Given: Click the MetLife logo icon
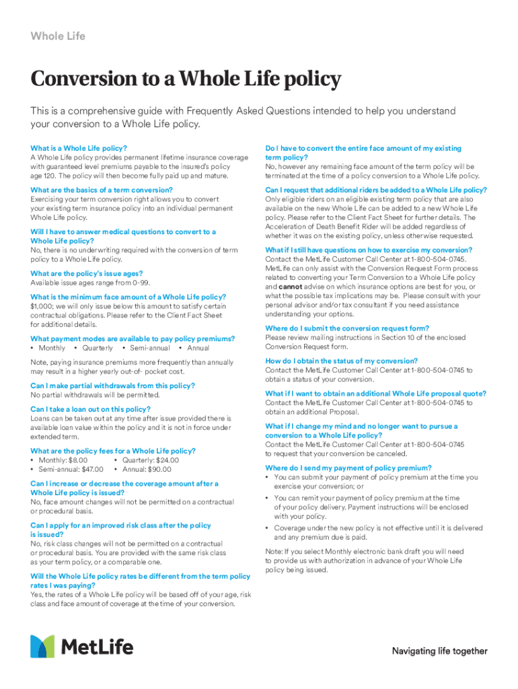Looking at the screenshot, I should [x=42, y=646].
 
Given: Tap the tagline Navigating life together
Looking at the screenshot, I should [x=439, y=651].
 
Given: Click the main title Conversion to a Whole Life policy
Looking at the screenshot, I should [x=186, y=80].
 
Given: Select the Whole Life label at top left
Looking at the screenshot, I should [x=58, y=36].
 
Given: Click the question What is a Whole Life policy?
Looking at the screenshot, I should [x=79, y=148].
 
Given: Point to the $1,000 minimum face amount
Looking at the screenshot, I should [x=42, y=306].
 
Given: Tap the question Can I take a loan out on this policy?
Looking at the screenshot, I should [x=90, y=409].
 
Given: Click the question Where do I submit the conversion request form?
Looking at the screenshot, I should [x=347, y=328].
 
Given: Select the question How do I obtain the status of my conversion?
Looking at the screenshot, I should [x=341, y=361].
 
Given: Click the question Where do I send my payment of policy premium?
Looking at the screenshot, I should [x=348, y=468].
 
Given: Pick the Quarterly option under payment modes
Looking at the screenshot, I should [x=97, y=348].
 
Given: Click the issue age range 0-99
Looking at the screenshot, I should [x=141, y=283].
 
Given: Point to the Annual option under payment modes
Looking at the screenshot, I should [x=198, y=348].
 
